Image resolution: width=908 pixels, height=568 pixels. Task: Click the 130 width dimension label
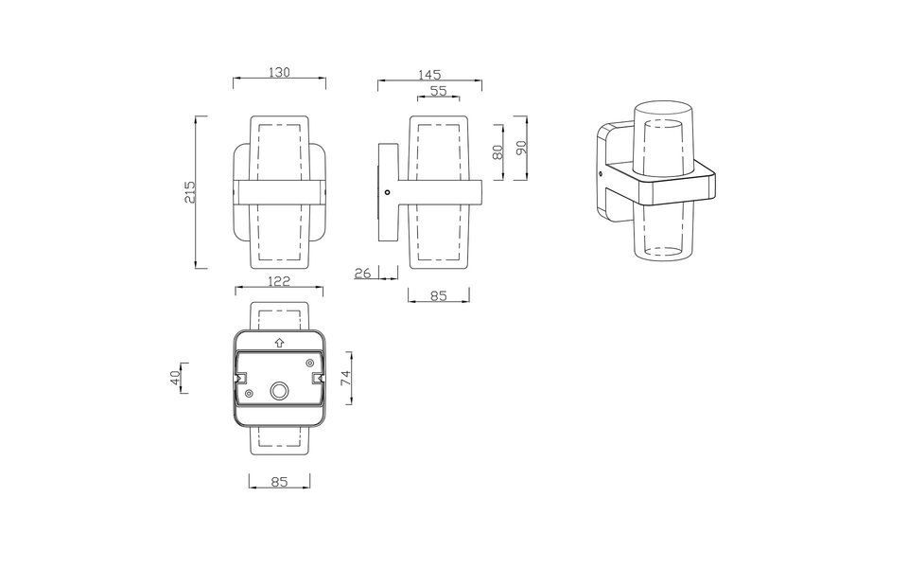click(x=279, y=73)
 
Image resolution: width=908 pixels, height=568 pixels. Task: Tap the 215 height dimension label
click(x=190, y=191)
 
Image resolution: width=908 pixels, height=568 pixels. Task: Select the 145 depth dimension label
click(x=429, y=75)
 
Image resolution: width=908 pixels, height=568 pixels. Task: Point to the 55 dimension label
click(x=438, y=91)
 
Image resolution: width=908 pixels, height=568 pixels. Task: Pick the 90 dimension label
click(x=520, y=148)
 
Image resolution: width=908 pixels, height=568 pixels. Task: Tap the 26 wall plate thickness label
click(x=362, y=273)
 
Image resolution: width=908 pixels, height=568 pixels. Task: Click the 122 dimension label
click(x=278, y=281)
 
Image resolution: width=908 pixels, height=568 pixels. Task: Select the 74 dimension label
click(x=344, y=378)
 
